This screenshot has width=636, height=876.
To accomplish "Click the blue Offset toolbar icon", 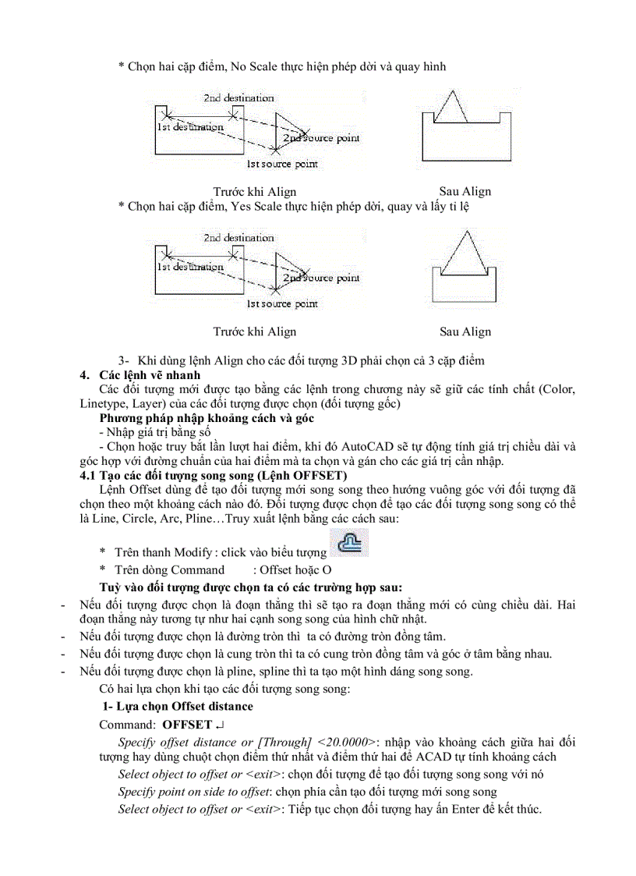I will (x=350, y=543).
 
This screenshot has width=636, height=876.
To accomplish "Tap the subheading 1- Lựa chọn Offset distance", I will (x=178, y=706).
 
